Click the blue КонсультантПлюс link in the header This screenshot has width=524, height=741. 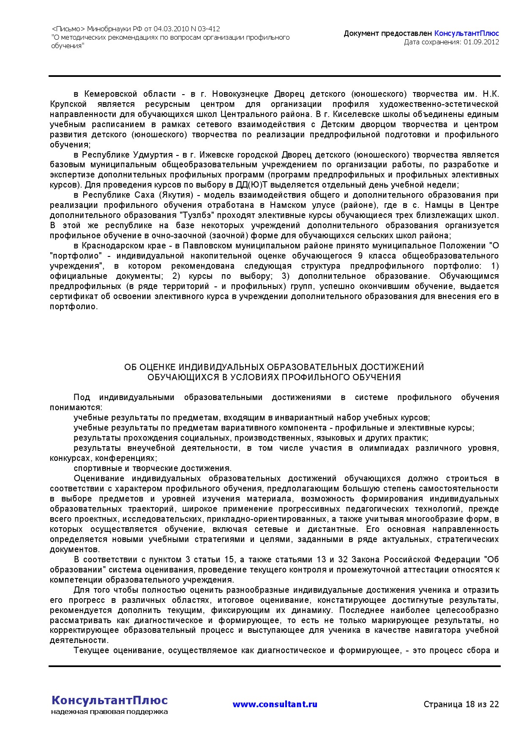467,33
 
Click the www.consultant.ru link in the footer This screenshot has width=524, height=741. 275,704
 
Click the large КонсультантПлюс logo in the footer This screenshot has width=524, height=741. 109,700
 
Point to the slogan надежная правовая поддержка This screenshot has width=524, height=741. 109,712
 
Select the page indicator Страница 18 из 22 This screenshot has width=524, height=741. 461,704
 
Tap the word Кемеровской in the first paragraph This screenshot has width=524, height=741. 111,94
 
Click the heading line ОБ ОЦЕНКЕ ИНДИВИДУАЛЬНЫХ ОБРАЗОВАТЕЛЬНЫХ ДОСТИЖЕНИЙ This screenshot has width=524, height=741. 274,367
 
